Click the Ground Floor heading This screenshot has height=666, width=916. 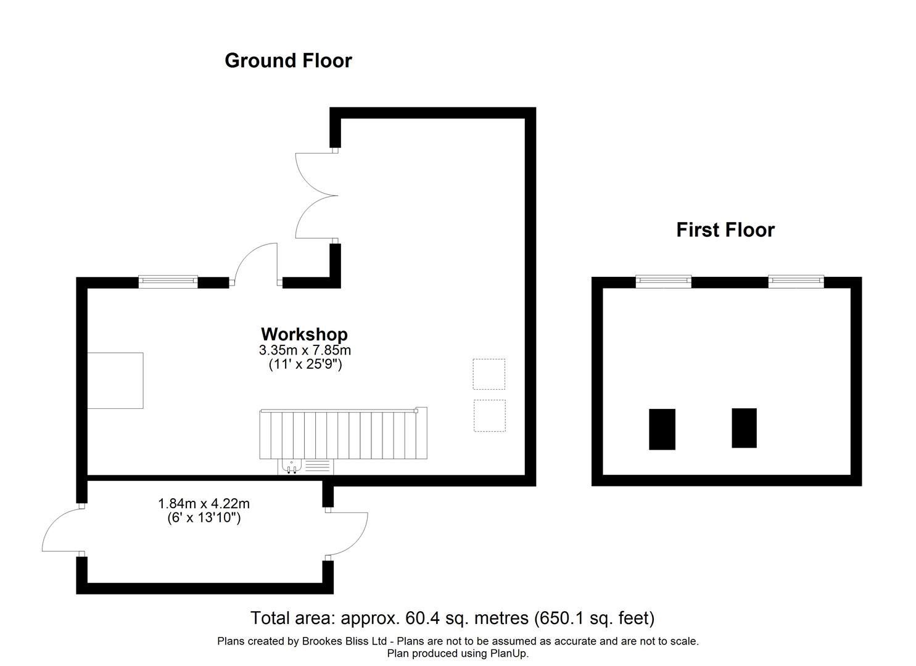pos(288,60)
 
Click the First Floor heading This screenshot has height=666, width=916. pos(725,230)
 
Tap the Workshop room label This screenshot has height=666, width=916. pos(304,334)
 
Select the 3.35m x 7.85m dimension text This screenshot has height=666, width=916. pos(305,350)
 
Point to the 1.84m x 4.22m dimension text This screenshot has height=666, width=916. pos(204,504)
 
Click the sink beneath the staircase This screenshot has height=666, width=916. pos(291,467)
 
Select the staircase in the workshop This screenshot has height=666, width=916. pos(343,435)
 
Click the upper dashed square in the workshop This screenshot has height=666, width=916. pos(489,374)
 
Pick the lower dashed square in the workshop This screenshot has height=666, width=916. pos(489,416)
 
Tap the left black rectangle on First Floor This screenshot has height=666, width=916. pos(662,429)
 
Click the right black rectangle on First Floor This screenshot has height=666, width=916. pos(744,428)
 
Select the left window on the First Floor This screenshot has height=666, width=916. pos(663,282)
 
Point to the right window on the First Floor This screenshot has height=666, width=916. pos(796,282)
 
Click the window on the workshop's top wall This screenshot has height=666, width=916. pos(168,282)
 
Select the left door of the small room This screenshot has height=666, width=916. pos(62,530)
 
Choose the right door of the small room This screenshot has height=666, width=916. pos(347,533)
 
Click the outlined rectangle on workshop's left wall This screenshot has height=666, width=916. pos(115,380)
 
